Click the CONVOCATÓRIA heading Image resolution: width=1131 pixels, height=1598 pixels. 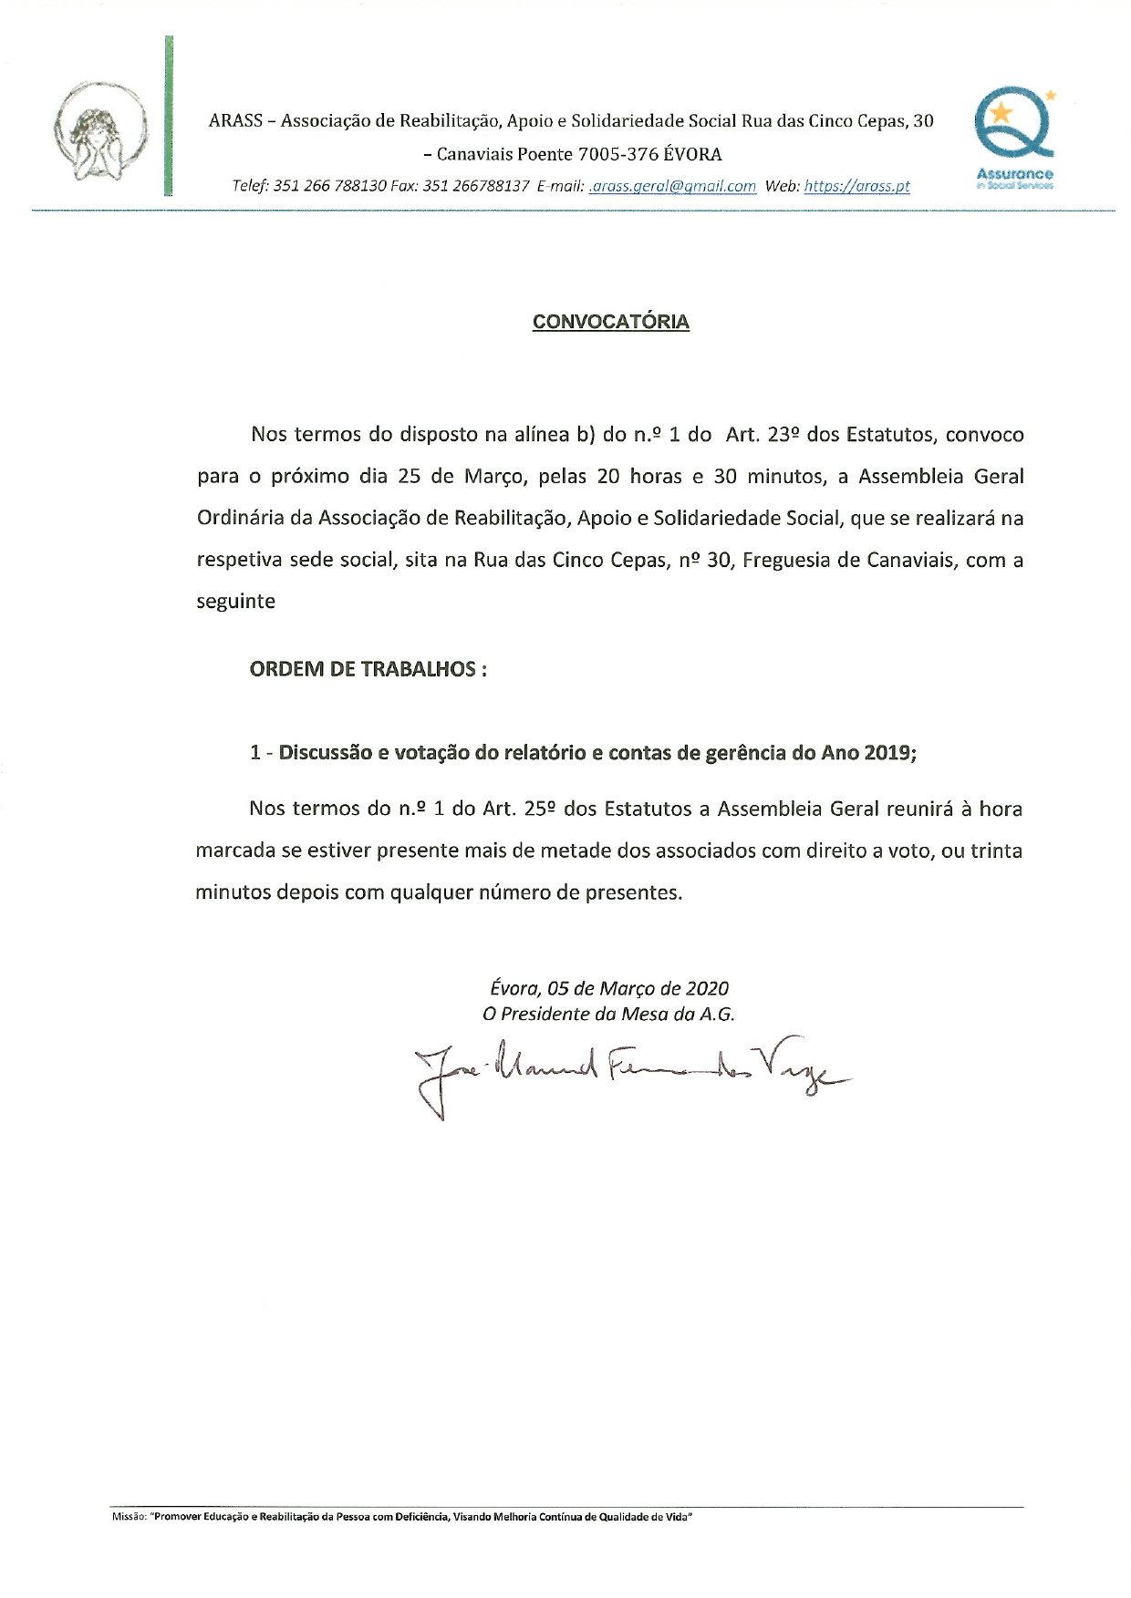[x=610, y=322]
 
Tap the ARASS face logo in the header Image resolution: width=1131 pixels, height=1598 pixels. [x=99, y=133]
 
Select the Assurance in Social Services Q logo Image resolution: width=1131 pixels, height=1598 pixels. [x=1014, y=137]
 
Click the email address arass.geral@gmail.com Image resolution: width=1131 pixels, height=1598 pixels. [x=673, y=186]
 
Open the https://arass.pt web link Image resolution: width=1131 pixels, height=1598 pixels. [x=856, y=186]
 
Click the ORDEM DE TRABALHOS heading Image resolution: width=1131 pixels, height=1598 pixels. [x=368, y=669]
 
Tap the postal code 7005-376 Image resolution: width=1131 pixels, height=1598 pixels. [x=618, y=154]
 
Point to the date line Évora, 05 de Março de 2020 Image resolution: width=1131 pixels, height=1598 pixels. [x=609, y=988]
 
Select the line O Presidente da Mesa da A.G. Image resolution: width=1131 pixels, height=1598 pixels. [x=608, y=1014]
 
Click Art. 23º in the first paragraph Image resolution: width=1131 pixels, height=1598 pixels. [x=763, y=435]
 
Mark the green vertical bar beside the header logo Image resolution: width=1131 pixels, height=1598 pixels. [x=168, y=116]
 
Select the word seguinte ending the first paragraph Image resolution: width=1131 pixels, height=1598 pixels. [x=235, y=602]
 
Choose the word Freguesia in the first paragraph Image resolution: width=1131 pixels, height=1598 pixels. [x=783, y=560]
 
